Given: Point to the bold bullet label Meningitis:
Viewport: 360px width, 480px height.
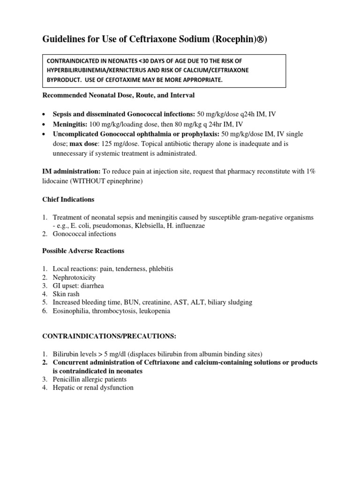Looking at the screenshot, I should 70,124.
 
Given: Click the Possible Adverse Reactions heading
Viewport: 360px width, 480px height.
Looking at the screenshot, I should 83,251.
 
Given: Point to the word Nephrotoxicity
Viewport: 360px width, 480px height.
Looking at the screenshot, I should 74,277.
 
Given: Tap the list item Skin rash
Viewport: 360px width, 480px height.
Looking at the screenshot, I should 66,294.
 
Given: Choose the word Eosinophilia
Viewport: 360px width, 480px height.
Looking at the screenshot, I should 71,311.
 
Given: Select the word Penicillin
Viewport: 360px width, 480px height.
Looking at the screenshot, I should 67,379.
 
